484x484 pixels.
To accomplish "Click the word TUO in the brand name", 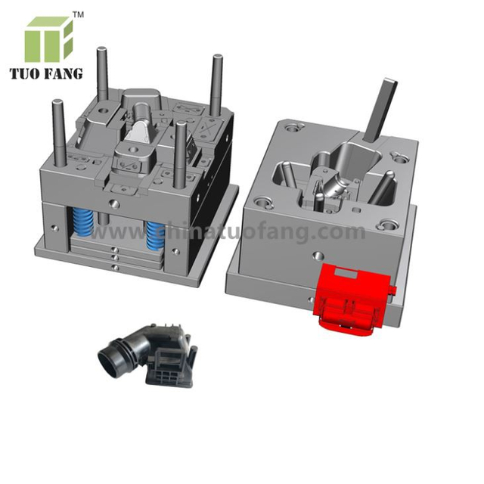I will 28,74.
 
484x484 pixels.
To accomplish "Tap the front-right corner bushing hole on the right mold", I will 386,225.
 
